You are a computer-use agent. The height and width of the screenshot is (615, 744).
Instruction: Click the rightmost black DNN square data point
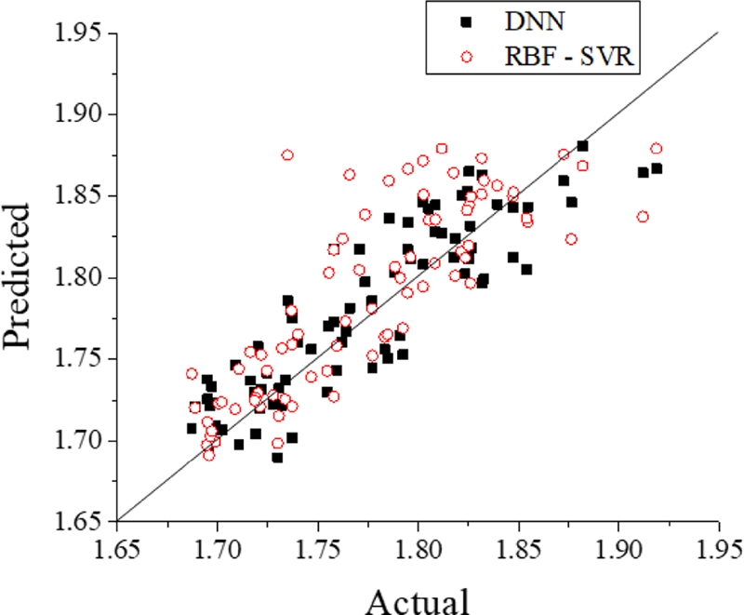click(x=657, y=168)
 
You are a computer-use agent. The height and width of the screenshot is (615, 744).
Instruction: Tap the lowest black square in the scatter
click(x=277, y=457)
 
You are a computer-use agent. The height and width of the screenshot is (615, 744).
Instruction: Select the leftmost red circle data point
click(x=192, y=374)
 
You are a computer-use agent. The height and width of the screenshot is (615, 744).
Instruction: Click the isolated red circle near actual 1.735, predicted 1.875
click(x=287, y=155)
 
